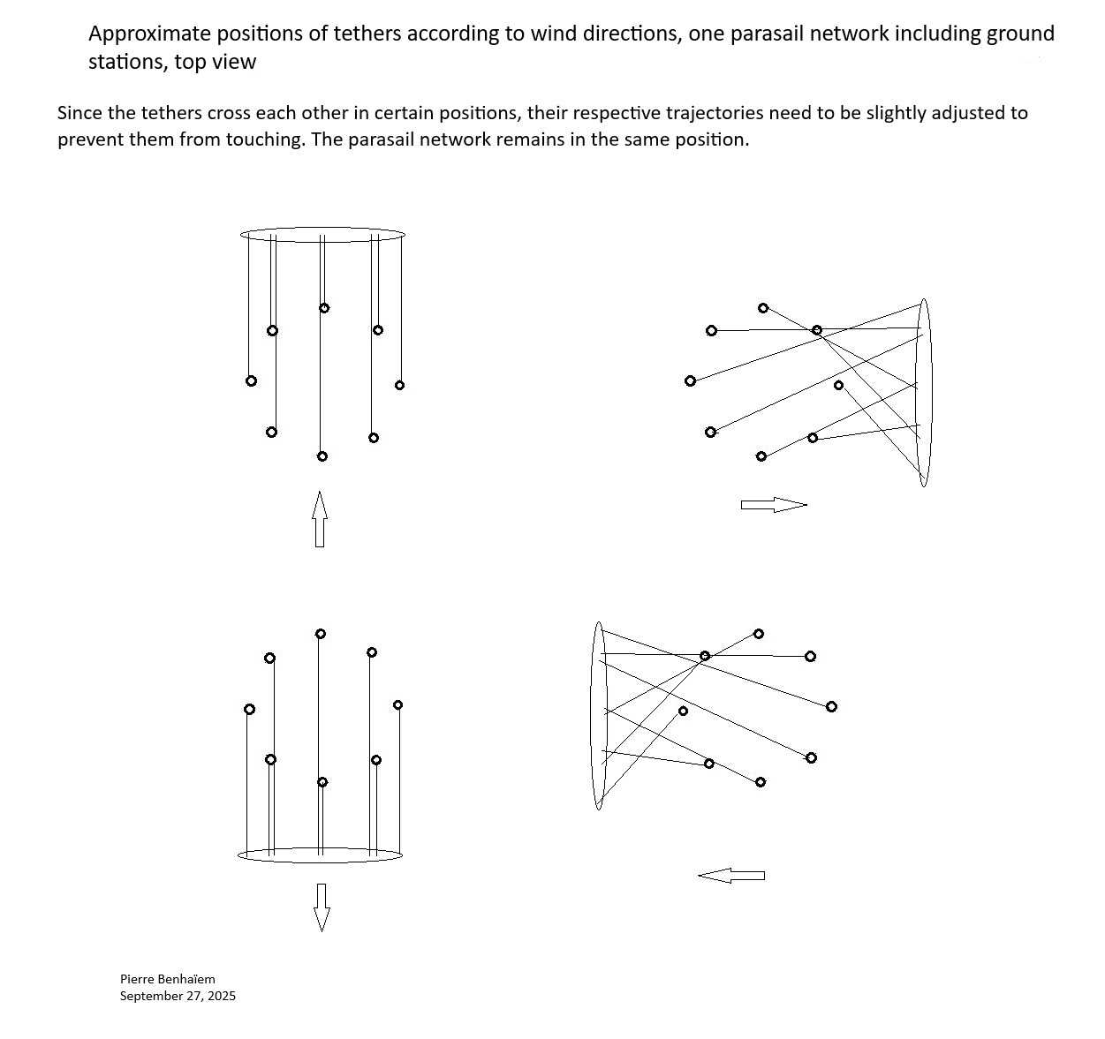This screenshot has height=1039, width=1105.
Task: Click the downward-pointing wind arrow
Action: (x=322, y=907)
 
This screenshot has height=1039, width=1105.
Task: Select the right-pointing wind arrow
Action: (x=774, y=505)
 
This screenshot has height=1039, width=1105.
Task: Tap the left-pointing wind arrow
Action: (x=731, y=875)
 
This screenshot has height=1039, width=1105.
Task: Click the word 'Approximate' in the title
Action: (x=148, y=34)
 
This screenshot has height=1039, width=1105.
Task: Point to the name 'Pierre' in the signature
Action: (x=137, y=979)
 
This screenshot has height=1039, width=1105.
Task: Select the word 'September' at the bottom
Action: (x=148, y=997)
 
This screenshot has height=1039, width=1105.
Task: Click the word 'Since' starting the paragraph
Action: (x=79, y=113)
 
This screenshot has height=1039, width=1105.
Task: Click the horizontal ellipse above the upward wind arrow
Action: (x=322, y=235)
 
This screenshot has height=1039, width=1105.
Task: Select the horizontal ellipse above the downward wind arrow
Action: (x=321, y=855)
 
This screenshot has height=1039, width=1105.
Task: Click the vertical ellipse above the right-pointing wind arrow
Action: (x=923, y=392)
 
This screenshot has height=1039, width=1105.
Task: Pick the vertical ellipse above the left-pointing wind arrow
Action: (x=598, y=715)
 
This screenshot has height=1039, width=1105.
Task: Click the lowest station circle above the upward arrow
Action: (x=322, y=456)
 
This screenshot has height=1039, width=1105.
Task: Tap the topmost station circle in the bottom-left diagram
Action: (x=321, y=634)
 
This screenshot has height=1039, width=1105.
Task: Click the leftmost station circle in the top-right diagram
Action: (x=691, y=380)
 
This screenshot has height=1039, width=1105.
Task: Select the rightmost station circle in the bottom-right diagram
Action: (x=831, y=706)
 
